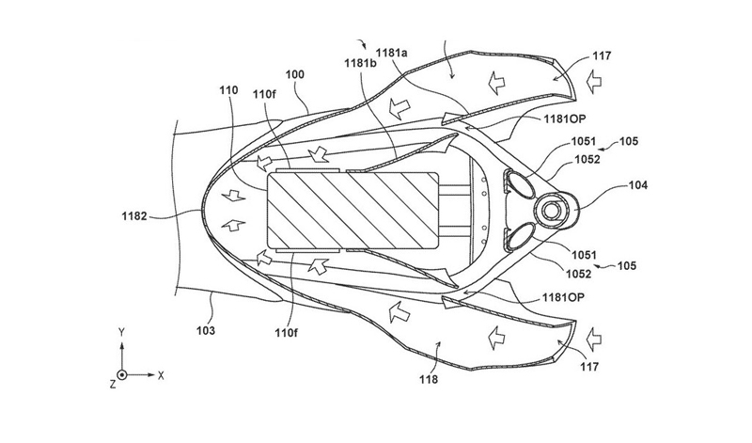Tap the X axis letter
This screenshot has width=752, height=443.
(x=162, y=374)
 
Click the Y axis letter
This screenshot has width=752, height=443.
(x=122, y=331)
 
